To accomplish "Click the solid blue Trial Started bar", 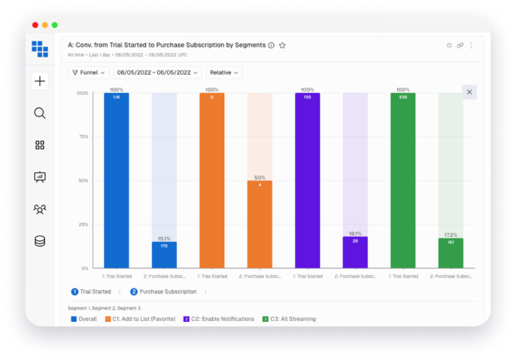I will click(x=116, y=180).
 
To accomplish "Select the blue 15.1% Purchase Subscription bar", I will click(x=164, y=254).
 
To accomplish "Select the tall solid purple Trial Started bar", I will click(x=307, y=180).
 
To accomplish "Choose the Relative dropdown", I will click(x=224, y=72).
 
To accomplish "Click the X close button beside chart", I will click(x=469, y=92).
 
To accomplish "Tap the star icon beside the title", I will click(x=283, y=45).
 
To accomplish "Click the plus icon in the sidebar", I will click(x=40, y=81).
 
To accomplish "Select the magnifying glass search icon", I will click(x=40, y=113).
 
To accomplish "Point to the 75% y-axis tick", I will click(x=83, y=136).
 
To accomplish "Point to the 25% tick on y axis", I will click(x=83, y=224).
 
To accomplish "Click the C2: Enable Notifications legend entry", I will click(x=220, y=318).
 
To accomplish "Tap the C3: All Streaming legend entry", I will click(x=293, y=318).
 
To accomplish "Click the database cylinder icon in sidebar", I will click(x=40, y=241).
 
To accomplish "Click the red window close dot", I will click(x=36, y=26).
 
